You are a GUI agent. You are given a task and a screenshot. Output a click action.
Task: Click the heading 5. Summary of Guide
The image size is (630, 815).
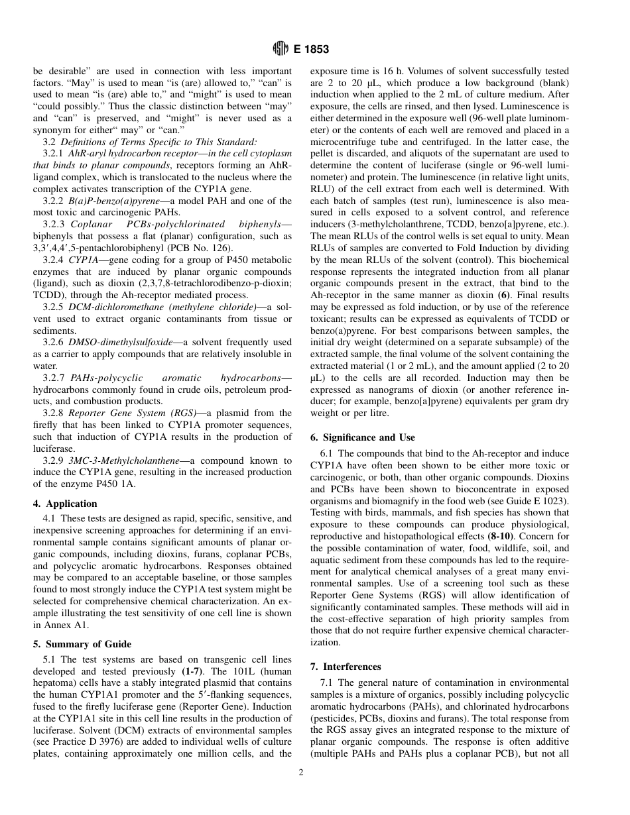coord(82,643)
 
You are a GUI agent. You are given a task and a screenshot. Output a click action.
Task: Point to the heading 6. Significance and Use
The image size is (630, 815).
coord(363,437)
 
